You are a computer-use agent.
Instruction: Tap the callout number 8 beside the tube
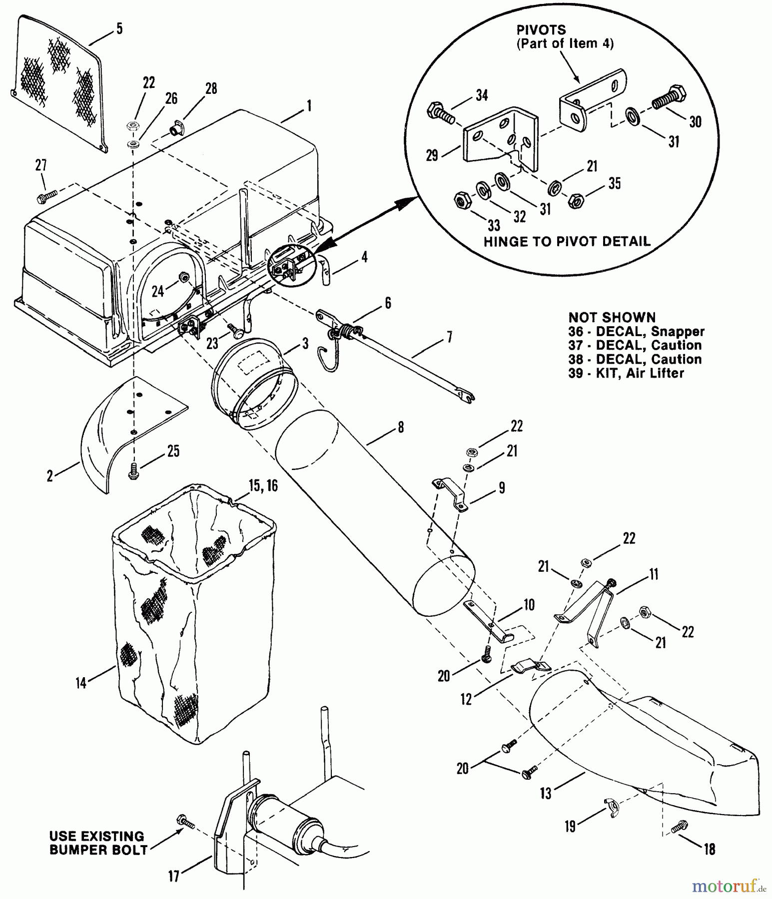400,428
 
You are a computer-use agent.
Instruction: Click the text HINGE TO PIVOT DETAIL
567,242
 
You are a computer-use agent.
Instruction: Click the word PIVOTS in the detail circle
541,30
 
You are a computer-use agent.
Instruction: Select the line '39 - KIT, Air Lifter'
626,373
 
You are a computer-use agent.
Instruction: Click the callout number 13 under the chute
546,793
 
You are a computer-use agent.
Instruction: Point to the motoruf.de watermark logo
729,887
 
